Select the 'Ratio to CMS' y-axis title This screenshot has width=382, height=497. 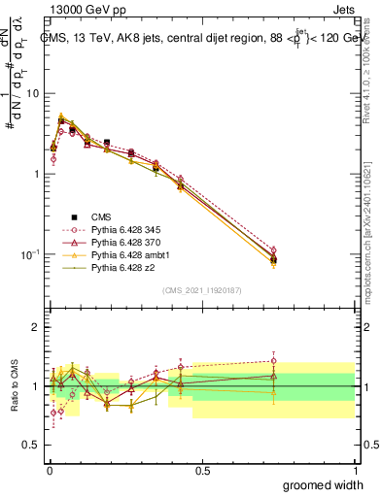[13, 386]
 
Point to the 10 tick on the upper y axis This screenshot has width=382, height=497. [33, 93]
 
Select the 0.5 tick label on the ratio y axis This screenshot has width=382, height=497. [32, 446]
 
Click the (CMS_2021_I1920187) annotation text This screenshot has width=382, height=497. [202, 289]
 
